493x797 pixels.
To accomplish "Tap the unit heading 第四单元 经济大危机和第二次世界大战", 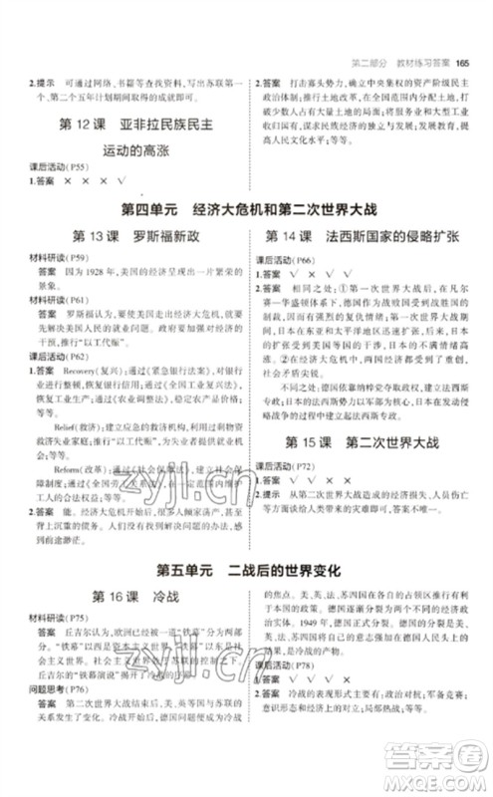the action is (245, 210).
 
